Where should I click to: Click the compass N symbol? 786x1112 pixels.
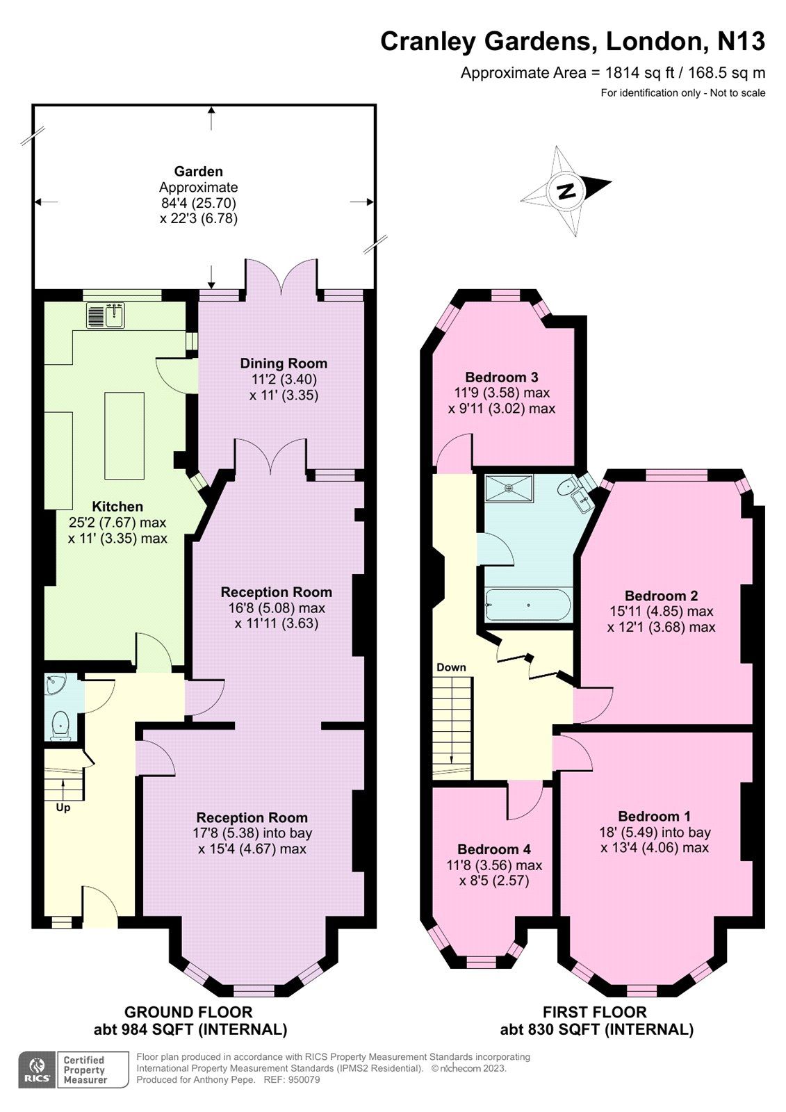pyautogui.click(x=566, y=190)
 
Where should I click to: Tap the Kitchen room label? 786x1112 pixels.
pyautogui.click(x=117, y=507)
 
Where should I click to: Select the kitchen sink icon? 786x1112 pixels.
pyautogui.click(x=106, y=316)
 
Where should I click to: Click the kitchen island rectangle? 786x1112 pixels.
pyautogui.click(x=124, y=435)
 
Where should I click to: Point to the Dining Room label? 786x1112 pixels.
pyautogui.click(x=284, y=363)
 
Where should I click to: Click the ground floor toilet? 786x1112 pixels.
pyautogui.click(x=61, y=725)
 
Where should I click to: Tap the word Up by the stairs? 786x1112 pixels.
pyautogui.click(x=63, y=808)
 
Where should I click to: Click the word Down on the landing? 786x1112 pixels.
pyautogui.click(x=451, y=667)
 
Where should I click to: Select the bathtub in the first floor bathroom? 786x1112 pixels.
pyautogui.click(x=528, y=605)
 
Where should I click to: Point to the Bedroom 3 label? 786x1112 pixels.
pyautogui.click(x=502, y=377)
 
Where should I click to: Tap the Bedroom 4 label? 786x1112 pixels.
pyautogui.click(x=494, y=849)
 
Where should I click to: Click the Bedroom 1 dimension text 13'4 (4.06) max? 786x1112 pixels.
pyautogui.click(x=655, y=848)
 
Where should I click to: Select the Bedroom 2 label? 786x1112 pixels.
pyautogui.click(x=661, y=596)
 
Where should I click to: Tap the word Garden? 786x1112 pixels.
pyautogui.click(x=199, y=171)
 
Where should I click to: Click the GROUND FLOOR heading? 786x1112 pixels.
pyautogui.click(x=188, y=1012)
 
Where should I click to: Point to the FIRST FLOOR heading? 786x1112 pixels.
pyautogui.click(x=595, y=1012)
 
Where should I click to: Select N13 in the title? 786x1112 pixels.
pyautogui.click(x=741, y=42)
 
